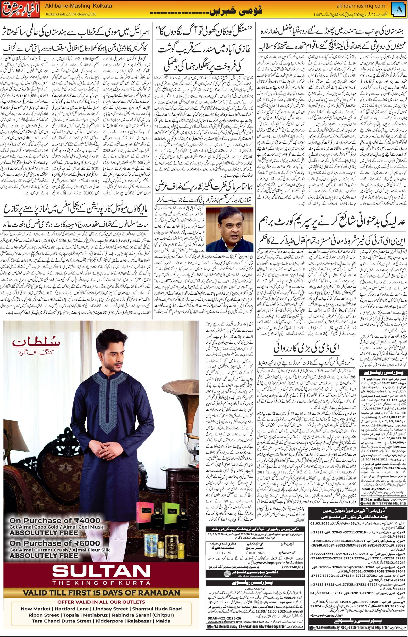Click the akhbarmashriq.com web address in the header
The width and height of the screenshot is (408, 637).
[361, 6]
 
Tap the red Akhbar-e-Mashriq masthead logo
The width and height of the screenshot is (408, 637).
[20, 10]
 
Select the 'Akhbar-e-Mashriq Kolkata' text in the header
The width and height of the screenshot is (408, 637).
[78, 6]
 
